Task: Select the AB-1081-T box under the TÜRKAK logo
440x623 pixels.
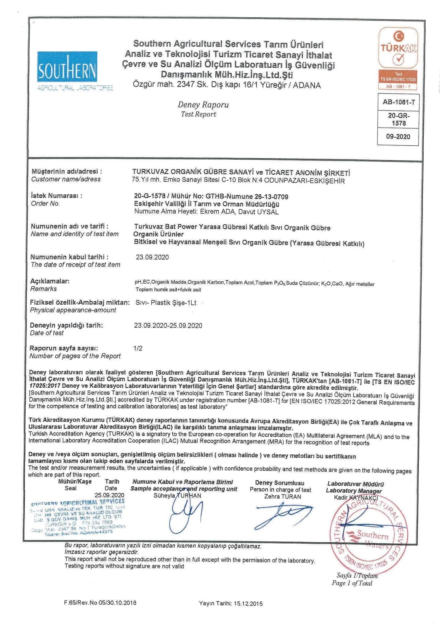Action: (x=398, y=102)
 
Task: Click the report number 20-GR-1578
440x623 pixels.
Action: (x=398, y=119)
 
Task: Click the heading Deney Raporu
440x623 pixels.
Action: (x=203, y=105)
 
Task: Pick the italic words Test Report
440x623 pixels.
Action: (x=199, y=114)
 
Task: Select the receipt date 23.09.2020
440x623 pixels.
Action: (x=152, y=257)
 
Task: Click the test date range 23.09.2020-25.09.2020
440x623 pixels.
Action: (x=168, y=325)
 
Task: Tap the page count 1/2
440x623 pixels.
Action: (x=138, y=348)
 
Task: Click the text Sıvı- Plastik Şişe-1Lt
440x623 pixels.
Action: (x=166, y=303)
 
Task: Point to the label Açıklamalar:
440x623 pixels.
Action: (x=50, y=281)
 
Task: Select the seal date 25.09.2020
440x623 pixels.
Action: (x=109, y=495)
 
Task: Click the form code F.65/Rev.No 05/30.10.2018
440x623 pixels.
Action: (x=100, y=603)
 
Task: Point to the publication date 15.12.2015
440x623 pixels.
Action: (x=248, y=603)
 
